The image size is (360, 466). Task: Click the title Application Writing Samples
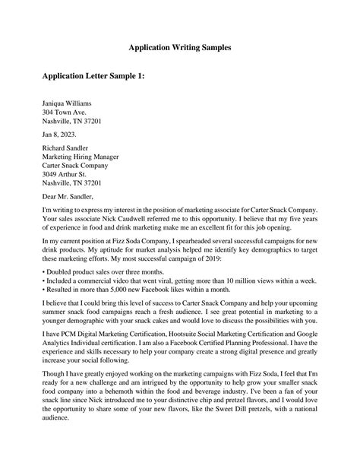click(x=179, y=47)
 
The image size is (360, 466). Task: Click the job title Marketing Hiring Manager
click(x=84, y=163)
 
